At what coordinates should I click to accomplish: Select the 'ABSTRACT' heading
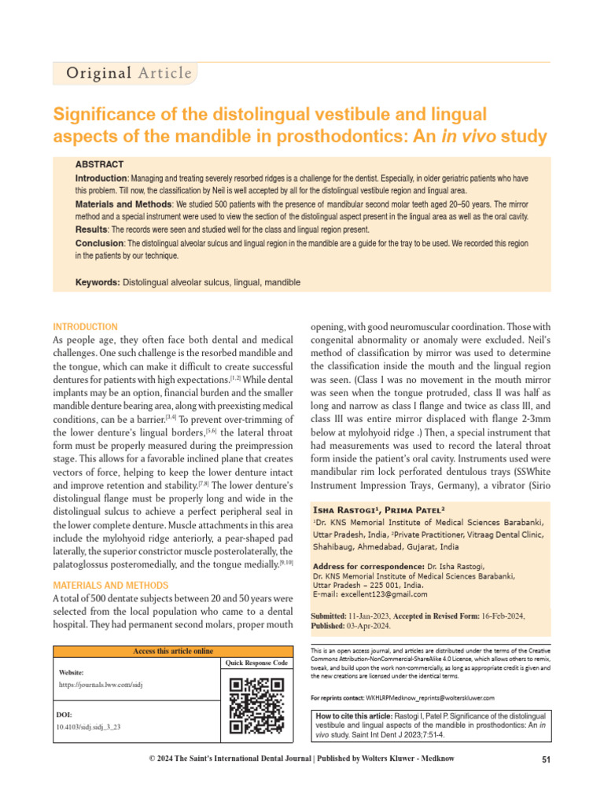(x=99, y=164)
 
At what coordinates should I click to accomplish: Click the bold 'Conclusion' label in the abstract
(x=99, y=243)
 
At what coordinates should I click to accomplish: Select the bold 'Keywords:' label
(x=98, y=282)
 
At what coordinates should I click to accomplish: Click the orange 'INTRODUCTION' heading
(x=85, y=327)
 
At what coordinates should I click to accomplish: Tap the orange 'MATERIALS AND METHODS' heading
(x=110, y=586)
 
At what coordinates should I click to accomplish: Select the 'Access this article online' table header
(x=173, y=651)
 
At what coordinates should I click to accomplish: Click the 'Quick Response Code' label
(x=256, y=663)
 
